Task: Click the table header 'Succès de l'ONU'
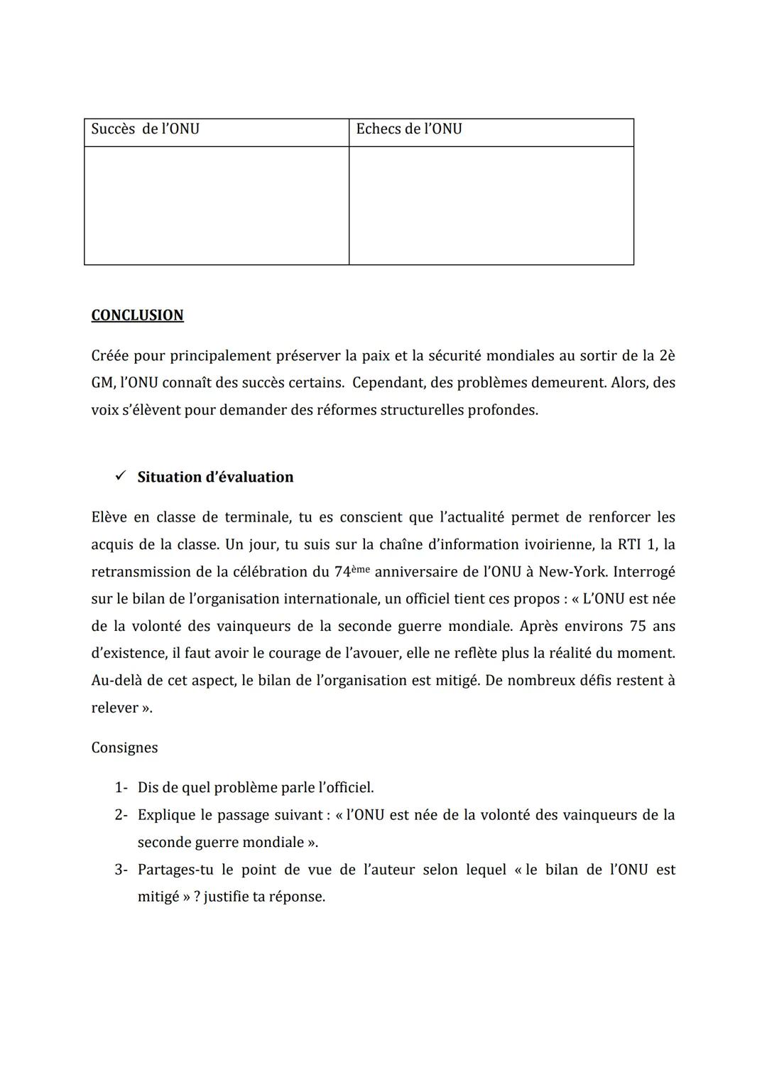[145, 129]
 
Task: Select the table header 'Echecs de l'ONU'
[408, 129]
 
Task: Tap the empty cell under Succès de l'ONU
[216, 205]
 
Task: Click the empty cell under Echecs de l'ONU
[491, 205]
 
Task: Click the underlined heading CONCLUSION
[137, 315]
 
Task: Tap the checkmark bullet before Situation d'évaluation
[120, 476]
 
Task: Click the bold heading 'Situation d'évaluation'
[215, 477]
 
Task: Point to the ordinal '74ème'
[352, 571]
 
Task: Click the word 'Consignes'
[124, 747]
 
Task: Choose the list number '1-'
[121, 787]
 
